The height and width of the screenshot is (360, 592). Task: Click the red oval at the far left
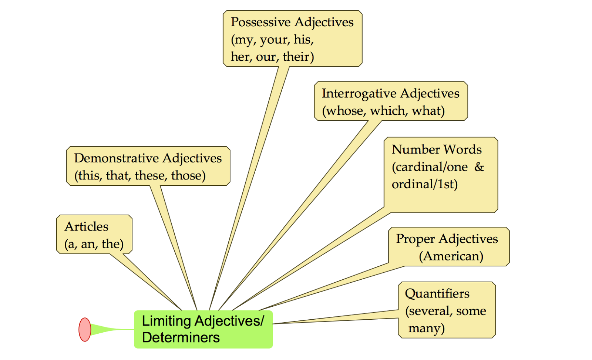85,329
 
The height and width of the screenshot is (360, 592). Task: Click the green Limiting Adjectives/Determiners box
203,329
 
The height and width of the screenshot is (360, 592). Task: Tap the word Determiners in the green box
181,338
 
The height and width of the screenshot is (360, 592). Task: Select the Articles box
94,235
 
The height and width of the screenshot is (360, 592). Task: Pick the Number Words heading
437,149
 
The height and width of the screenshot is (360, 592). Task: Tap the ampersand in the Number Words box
479,167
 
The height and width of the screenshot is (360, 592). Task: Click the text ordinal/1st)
424,184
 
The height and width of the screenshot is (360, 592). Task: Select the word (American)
451,256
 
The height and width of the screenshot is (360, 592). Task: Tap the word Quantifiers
437,294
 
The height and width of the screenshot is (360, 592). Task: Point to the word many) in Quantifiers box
426,328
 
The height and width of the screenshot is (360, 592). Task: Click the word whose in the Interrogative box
344,111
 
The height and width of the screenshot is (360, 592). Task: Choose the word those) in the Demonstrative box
188,175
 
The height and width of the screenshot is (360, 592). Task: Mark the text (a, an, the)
94,244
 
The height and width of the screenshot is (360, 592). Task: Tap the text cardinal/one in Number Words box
430,167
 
